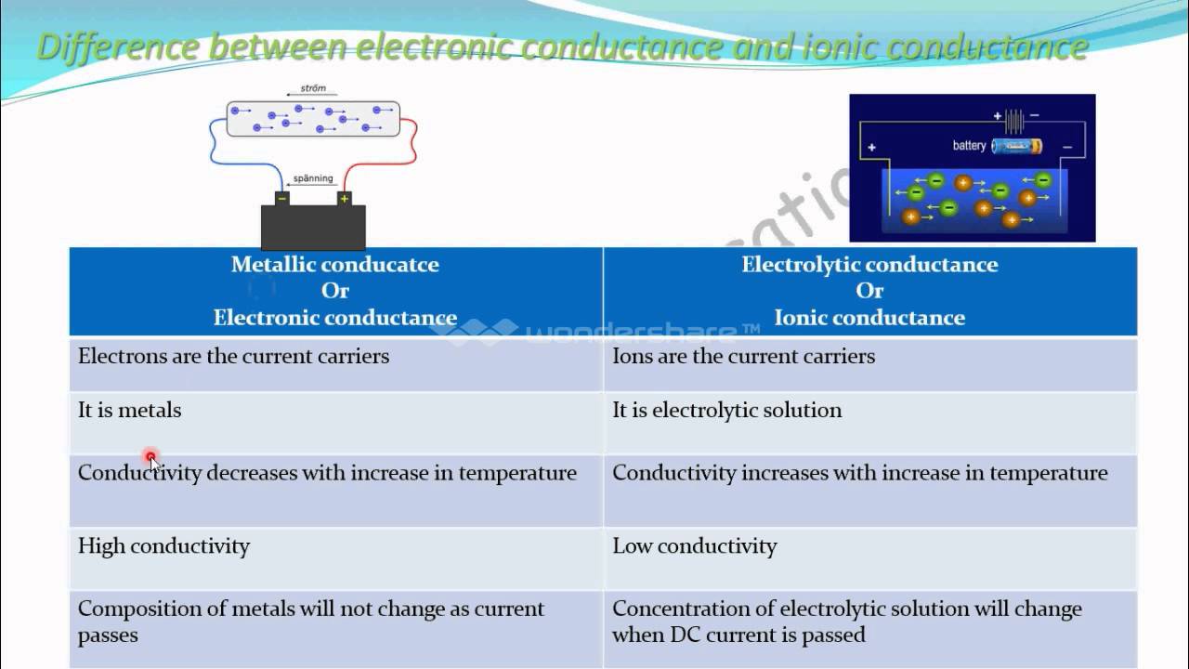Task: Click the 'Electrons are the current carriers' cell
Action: (x=233, y=357)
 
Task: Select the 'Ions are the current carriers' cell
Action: (x=743, y=357)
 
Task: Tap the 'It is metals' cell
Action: (x=129, y=411)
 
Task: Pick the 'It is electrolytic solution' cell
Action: (x=726, y=411)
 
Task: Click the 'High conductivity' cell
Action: (x=163, y=546)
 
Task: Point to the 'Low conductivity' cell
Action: (x=694, y=546)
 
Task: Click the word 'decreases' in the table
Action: (x=248, y=473)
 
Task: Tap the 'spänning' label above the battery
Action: (x=312, y=178)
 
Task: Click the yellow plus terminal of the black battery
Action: (x=344, y=198)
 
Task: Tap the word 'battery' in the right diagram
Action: (x=969, y=146)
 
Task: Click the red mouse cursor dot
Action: (x=150, y=456)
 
